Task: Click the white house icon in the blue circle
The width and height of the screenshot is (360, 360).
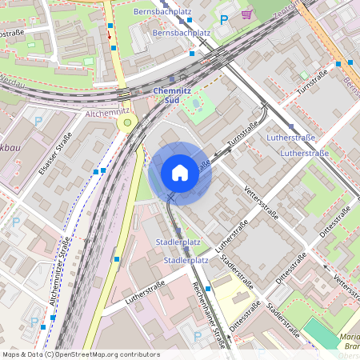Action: point(180,172)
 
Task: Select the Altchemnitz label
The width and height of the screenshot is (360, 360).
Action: point(107,114)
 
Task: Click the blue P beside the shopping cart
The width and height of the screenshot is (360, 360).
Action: point(224,18)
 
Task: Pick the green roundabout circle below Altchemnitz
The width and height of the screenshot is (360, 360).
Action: point(126,123)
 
